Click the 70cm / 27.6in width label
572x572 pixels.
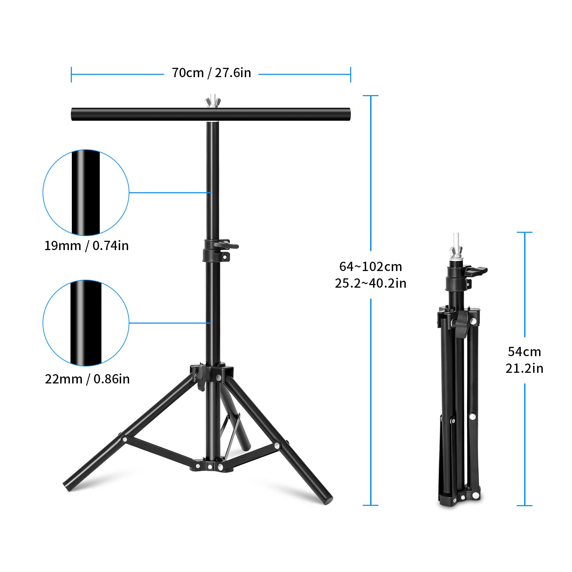click(x=211, y=73)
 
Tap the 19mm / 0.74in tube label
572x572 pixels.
click(x=86, y=246)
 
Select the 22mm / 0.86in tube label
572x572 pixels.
click(x=87, y=379)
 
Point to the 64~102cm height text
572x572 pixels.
click(x=370, y=267)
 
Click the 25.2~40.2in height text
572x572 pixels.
click(x=370, y=283)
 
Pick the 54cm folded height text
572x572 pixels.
click(x=524, y=352)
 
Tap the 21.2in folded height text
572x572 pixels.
click(x=524, y=368)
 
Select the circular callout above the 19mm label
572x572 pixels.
click(x=86, y=193)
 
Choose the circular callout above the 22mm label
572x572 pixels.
click(x=86, y=323)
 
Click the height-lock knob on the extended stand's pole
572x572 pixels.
click(x=227, y=245)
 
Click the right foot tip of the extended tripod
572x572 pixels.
click(x=328, y=500)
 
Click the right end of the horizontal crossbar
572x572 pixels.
click(x=347, y=114)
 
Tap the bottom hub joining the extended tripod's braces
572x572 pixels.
click(x=211, y=466)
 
